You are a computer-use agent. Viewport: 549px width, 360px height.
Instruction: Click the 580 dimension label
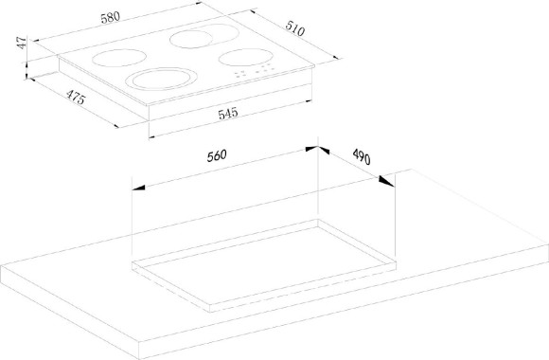111,18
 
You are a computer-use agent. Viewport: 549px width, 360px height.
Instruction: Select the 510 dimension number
294,28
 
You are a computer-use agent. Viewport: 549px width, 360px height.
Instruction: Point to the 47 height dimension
22,43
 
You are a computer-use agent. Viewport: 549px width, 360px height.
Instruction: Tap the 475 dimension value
76,97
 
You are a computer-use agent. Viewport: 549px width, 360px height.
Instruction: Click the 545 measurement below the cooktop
228,114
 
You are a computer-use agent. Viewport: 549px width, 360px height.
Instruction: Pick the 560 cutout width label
217,155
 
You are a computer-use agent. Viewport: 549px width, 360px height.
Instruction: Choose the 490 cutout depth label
362,156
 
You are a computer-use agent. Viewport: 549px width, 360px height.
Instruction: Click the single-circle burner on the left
119,58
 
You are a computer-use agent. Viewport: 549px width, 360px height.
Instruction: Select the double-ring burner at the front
161,79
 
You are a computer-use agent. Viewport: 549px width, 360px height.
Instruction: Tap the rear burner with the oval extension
204,36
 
